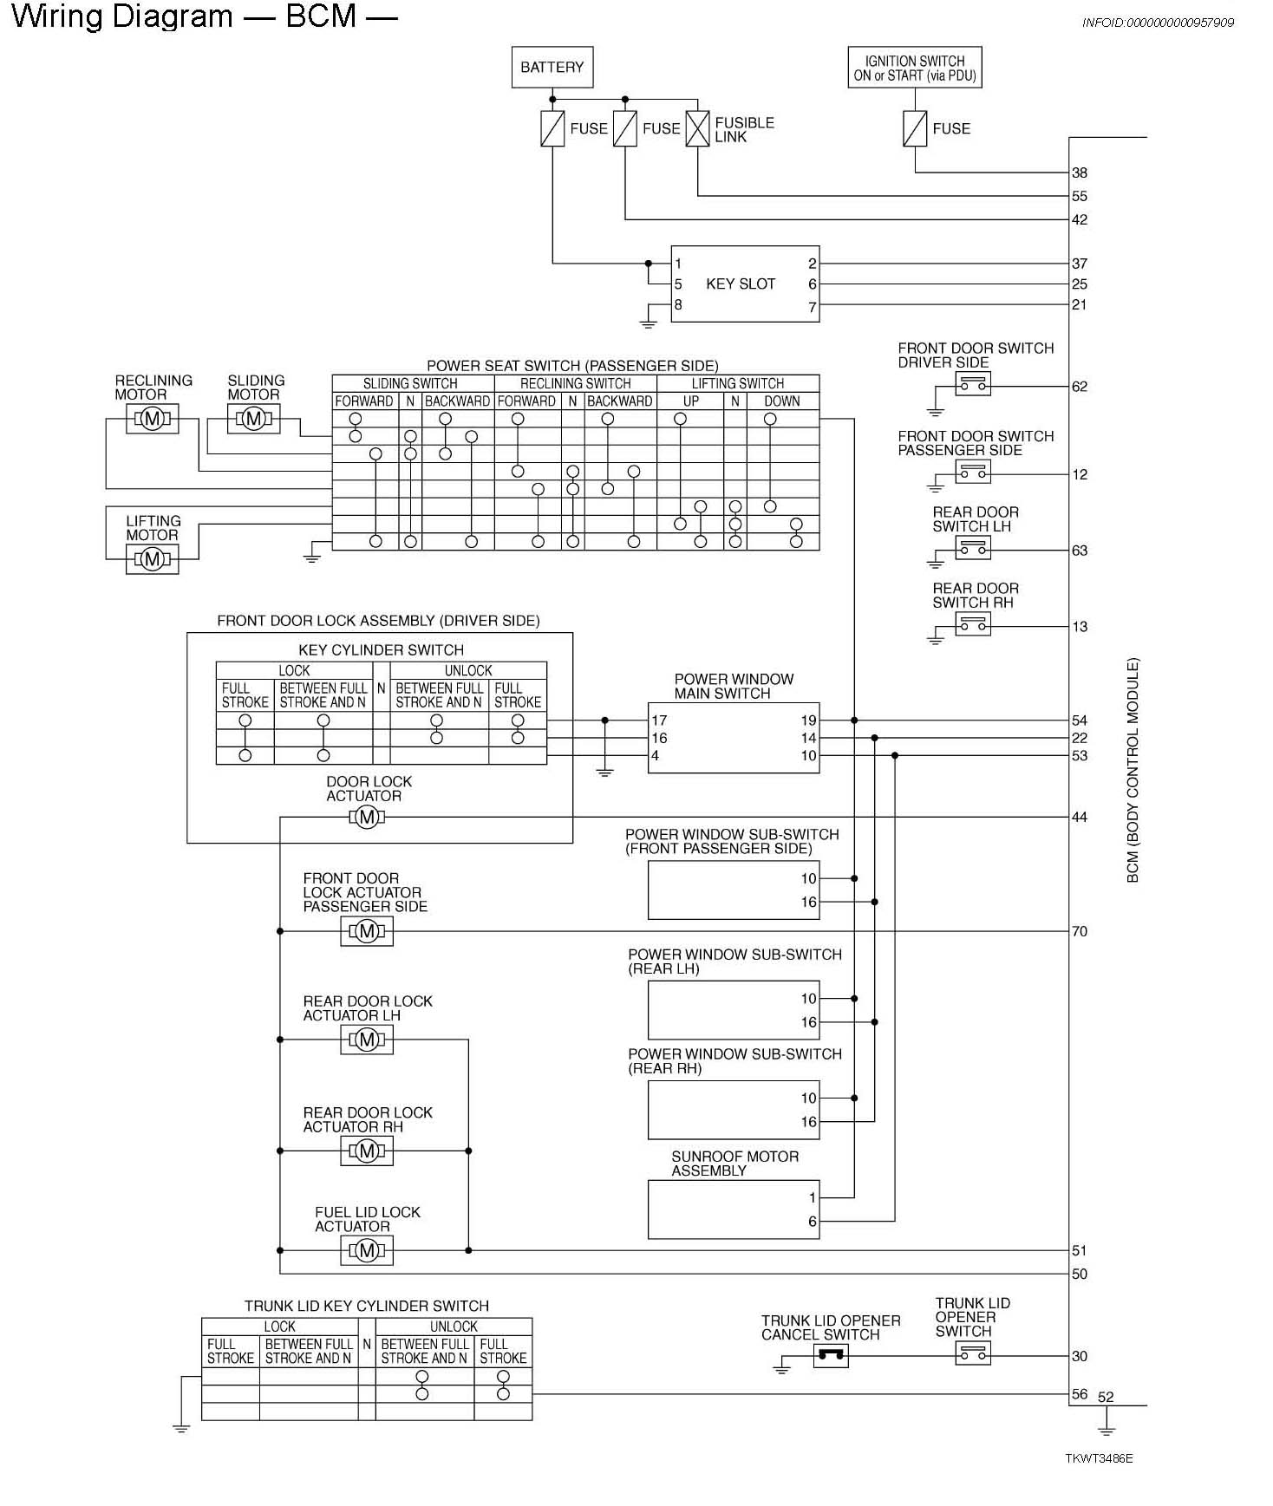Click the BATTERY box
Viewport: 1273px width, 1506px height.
click(552, 67)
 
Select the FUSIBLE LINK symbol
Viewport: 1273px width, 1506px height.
click(697, 129)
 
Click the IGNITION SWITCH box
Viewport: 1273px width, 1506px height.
click(914, 68)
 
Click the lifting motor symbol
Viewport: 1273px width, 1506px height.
click(152, 559)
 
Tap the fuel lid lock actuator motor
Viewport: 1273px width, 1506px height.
click(367, 1250)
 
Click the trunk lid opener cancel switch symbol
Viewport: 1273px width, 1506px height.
click(830, 1356)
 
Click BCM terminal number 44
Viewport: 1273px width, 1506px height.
click(1080, 817)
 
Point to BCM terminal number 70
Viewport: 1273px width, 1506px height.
click(1080, 931)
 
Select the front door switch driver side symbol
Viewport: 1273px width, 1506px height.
click(972, 385)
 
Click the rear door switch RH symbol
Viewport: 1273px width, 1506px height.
click(972, 624)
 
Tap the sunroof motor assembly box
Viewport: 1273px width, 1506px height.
click(733, 1209)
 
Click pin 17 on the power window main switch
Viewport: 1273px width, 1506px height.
click(659, 720)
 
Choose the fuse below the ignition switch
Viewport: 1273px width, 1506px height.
click(915, 129)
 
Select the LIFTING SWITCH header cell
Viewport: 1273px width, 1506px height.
click(737, 383)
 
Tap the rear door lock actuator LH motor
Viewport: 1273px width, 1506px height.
click(367, 1040)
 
